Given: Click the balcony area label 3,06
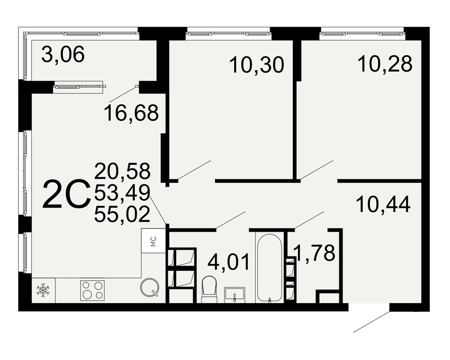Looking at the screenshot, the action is pos(63,54).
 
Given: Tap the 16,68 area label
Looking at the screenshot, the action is pos(131,113).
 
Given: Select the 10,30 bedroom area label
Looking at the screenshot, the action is pos(257,65).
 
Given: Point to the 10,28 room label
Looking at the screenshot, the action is pos(385,63).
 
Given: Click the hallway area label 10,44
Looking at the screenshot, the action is pos(383,204).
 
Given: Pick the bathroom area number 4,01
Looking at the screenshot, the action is pos(229,262).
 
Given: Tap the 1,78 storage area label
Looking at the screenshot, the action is pos(315,252).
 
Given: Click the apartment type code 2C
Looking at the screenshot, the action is pos(65,194).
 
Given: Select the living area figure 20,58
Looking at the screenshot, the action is pos(122,171).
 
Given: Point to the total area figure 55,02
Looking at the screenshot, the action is pos(122,214).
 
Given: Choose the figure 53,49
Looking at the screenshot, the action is pos(122,193).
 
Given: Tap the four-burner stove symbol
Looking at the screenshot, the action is pos(92,290).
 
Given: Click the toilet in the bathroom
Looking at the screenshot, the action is pos(209,289).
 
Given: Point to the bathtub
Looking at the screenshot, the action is pos(270,268).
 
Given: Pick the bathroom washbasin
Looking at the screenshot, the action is pos(235,295).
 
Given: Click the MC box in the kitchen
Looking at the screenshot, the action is pos(153,241).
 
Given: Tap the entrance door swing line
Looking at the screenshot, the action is pos(371,321).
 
